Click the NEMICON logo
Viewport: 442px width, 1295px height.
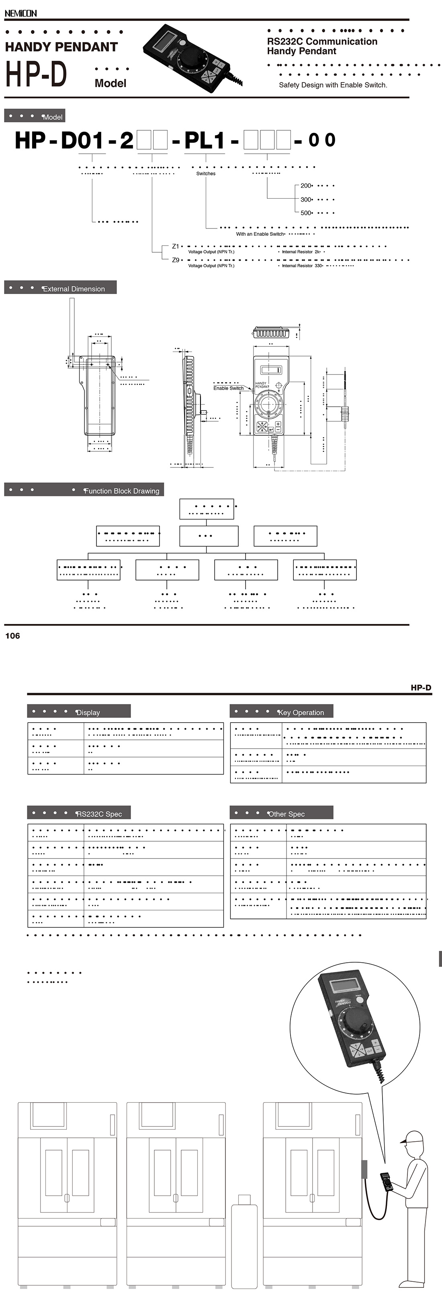(x=20, y=13)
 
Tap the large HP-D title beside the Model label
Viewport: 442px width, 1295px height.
(x=36, y=74)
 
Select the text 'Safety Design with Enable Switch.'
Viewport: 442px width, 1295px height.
(x=333, y=85)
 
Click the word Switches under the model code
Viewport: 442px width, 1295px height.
(x=205, y=173)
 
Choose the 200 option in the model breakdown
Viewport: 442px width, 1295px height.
(x=306, y=185)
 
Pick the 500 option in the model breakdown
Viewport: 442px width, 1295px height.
(x=306, y=213)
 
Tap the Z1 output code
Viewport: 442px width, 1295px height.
(x=175, y=246)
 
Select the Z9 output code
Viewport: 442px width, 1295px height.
(x=175, y=260)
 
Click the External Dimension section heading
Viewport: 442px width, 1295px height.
(x=73, y=289)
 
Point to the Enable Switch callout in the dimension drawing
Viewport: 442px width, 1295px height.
(x=228, y=388)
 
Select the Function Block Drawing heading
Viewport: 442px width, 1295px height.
(x=121, y=491)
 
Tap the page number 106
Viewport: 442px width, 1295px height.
(x=12, y=636)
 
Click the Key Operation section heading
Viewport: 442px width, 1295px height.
(x=301, y=712)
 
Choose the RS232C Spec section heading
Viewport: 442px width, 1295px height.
(x=99, y=814)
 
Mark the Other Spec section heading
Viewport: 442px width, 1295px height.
(x=286, y=814)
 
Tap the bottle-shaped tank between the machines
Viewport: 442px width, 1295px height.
(x=244, y=1242)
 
